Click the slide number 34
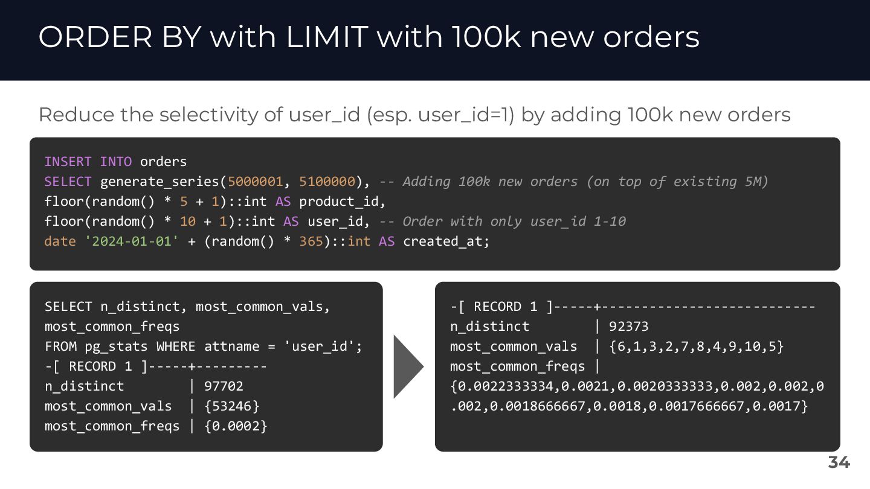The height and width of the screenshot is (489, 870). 839,462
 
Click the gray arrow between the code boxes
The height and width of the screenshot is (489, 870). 408,366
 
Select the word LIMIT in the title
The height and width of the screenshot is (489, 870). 327,37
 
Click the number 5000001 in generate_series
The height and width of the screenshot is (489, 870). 255,182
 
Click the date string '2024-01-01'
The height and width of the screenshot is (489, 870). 132,241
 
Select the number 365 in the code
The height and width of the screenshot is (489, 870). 311,241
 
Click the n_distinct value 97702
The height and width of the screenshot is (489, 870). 224,386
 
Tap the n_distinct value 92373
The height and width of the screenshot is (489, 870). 629,327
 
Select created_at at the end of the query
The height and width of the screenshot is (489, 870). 443,241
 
